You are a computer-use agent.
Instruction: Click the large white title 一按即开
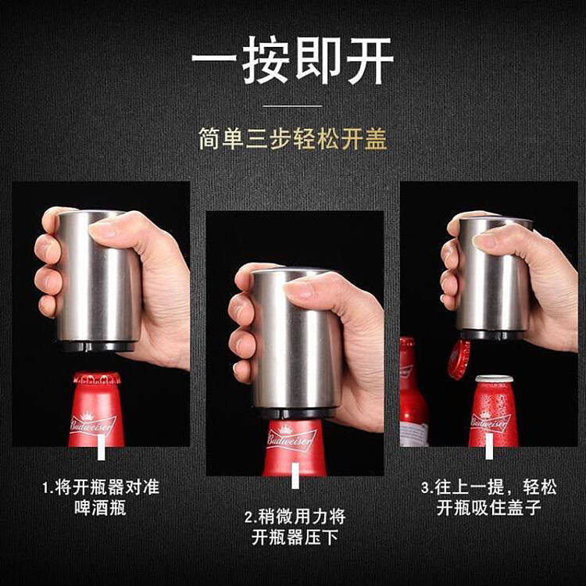(293, 60)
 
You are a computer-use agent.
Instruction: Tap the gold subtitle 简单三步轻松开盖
(293, 139)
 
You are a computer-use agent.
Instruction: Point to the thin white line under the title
(293, 106)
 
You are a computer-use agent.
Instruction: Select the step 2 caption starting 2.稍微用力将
(295, 527)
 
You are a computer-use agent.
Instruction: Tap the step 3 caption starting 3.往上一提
(489, 498)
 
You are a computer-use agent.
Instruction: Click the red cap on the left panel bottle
(97, 378)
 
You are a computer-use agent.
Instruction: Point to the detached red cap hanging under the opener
(459, 359)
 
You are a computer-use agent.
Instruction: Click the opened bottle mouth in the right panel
(494, 379)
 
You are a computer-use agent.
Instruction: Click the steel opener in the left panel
(98, 281)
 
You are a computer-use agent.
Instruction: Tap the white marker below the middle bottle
(295, 475)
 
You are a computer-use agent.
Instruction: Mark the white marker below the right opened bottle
(489, 447)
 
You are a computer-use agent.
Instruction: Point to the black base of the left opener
(97, 346)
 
